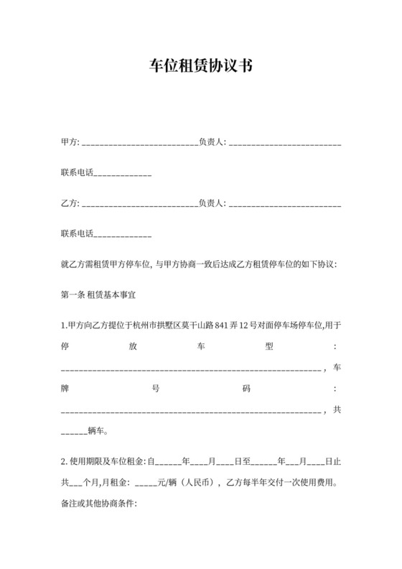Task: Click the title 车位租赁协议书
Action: [200, 67]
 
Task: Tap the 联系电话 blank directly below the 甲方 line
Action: [123, 173]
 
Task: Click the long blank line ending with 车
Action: [192, 369]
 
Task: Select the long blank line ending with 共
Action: [192, 412]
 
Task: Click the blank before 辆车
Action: [74, 433]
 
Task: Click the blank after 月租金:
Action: [145, 482]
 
